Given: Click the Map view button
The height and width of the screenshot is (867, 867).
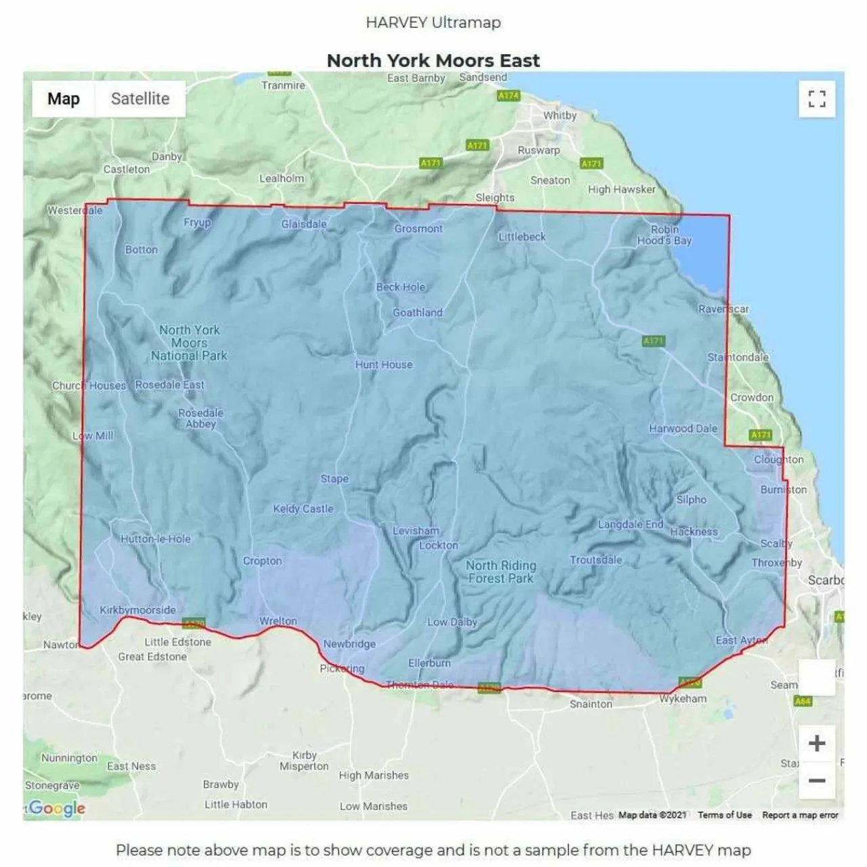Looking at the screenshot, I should pos(64,99).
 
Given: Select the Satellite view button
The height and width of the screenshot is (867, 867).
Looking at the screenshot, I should pos(140,99).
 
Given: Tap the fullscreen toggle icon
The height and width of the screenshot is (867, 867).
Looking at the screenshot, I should pos(817,100).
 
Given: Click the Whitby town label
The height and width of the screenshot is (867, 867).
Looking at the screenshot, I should pos(559,115).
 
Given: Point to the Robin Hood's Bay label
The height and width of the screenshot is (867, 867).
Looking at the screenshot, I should pos(664,235).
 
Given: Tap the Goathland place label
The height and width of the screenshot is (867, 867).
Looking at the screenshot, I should pos(417,313).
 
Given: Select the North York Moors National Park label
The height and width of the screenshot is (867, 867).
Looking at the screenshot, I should pos(189,343).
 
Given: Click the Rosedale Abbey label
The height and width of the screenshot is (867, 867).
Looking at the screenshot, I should pos(200,419).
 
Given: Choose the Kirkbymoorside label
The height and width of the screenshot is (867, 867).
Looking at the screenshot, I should pos(138,610).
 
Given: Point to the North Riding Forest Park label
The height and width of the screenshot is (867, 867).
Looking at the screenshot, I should pos(501,572).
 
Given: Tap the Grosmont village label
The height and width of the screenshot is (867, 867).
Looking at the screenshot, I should pos(419,229).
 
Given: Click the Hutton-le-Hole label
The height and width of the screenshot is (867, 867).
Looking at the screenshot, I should pos(156,539).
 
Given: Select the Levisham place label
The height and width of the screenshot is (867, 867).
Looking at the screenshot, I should pos(416,531).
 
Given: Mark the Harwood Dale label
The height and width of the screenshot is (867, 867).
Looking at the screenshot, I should pos(683,429).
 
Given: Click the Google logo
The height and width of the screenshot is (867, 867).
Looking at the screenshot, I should pos(57,808).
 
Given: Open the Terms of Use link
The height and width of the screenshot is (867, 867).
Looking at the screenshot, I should pos(724,815).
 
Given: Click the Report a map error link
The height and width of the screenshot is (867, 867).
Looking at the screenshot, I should pos(800,815).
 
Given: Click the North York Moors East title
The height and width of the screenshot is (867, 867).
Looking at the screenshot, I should pos(433,60).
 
